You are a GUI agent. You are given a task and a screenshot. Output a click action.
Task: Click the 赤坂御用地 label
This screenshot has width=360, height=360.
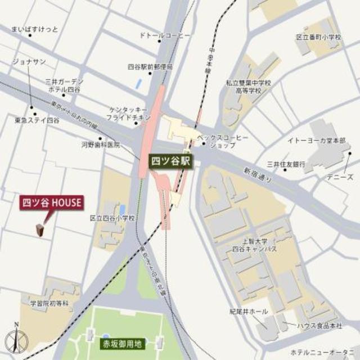[x=123, y=343]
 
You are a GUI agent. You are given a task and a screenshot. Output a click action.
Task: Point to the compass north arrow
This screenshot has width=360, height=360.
[x=16, y=339]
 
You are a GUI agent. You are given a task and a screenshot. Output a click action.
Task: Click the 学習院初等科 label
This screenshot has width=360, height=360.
[x=49, y=303]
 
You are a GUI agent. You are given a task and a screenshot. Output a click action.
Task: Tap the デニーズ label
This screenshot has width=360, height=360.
[x=341, y=177]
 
